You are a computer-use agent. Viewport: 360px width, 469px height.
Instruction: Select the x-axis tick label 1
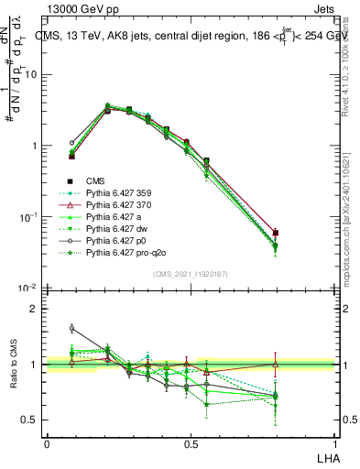(x=337, y=443)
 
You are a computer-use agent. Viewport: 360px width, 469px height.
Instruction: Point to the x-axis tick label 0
(x=48, y=443)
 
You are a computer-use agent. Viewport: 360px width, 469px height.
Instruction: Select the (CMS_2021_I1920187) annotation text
(x=191, y=274)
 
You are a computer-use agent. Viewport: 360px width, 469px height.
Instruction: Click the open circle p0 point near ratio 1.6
(x=72, y=328)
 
